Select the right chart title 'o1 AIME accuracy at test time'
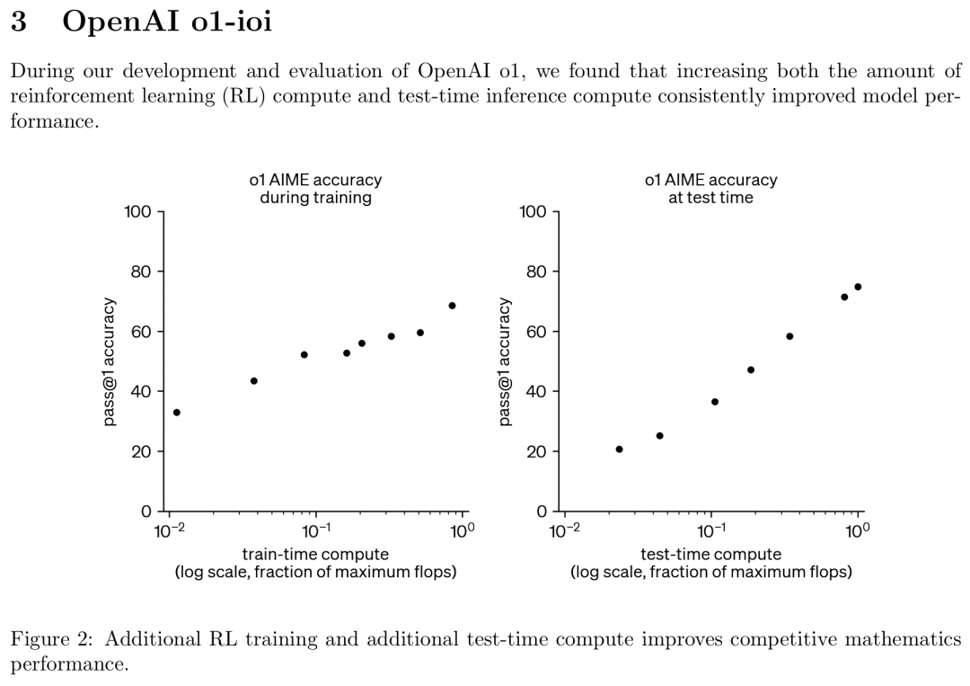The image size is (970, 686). pos(710,189)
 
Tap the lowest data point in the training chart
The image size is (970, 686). pos(177,413)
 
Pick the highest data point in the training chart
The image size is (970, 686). pos(452,306)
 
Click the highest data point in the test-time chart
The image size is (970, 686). pos(858,287)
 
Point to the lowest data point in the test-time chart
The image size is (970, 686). pos(619,450)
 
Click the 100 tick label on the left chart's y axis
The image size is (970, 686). pos(138,212)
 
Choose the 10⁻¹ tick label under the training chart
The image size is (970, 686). pos(316,529)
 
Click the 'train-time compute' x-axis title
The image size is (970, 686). pos(315,555)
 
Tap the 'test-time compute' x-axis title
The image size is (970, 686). pos(710,555)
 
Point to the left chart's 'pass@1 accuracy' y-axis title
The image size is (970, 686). pos(110,361)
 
